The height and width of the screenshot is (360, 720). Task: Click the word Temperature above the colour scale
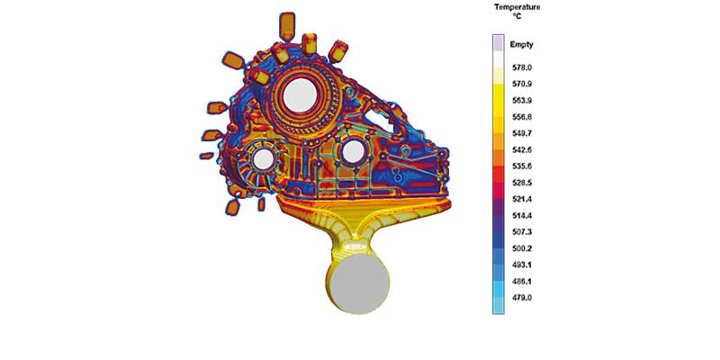tap(517, 7)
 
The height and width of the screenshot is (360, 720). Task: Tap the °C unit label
tap(517, 17)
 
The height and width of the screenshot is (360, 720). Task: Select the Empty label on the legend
tap(522, 45)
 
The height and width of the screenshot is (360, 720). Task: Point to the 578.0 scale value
tap(521, 68)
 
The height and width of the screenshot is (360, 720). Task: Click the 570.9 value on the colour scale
tap(521, 85)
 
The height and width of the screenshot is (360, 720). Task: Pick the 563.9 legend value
tap(521, 101)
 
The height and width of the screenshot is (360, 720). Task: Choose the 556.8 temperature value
tap(521, 118)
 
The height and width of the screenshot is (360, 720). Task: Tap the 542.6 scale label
tap(521, 150)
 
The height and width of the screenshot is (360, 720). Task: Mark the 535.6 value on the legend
tap(521, 166)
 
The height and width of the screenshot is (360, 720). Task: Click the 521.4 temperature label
tap(521, 200)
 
